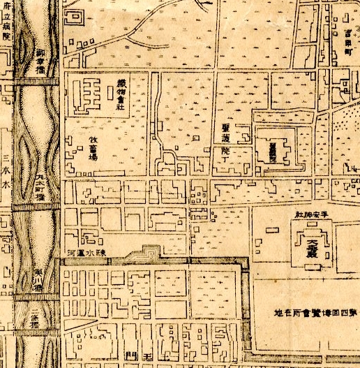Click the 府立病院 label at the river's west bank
pos(6,22)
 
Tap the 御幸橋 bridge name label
pos(40,61)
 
